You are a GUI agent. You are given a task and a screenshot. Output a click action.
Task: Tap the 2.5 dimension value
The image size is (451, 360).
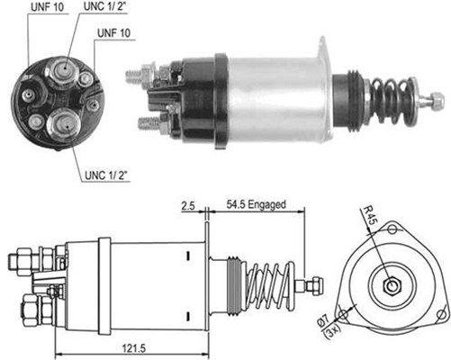[189, 205]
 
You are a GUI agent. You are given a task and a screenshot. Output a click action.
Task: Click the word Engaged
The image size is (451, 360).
[266, 205]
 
